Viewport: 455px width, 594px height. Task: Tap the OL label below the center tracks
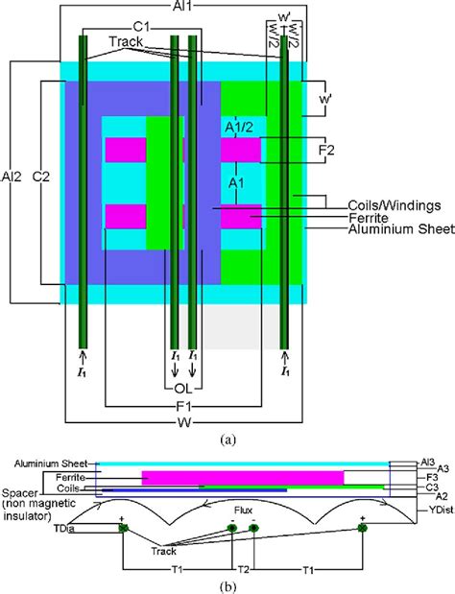(x=182, y=390)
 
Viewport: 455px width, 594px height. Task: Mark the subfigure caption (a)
(x=227, y=440)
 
